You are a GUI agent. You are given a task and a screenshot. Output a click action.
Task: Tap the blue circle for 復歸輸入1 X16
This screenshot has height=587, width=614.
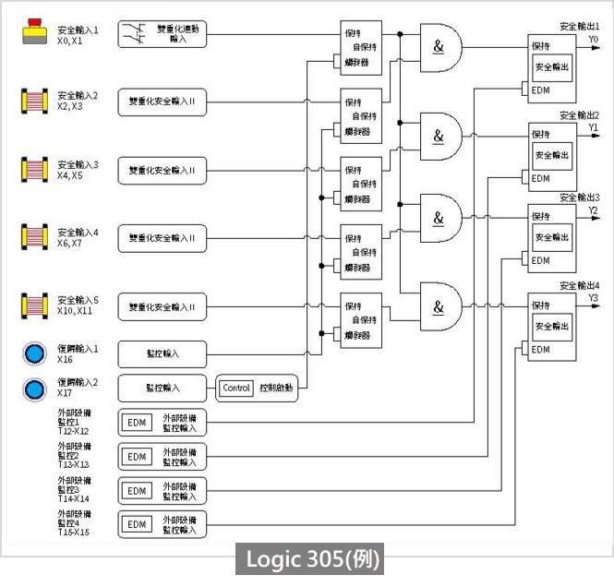[35, 354]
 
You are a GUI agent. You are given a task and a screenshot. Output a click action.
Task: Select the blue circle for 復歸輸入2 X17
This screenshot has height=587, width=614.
[35, 388]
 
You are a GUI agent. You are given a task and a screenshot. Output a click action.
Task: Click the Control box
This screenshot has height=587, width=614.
[236, 389]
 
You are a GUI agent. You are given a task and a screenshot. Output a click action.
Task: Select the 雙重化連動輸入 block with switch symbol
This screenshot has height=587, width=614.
[163, 35]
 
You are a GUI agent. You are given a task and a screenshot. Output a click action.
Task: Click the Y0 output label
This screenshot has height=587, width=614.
[595, 41]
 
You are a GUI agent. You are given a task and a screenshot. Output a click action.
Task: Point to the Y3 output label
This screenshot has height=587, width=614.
[595, 298]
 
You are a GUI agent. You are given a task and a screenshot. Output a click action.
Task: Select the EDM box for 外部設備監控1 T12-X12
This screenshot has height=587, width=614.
[137, 423]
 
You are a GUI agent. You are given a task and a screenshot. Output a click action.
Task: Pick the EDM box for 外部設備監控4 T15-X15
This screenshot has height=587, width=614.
[137, 524]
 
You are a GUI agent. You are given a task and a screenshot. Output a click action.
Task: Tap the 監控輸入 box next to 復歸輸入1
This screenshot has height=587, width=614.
[163, 354]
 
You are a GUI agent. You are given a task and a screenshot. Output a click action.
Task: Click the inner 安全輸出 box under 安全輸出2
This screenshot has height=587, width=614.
[551, 155]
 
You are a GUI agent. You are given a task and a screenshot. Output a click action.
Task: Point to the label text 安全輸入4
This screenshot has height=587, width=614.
[78, 232]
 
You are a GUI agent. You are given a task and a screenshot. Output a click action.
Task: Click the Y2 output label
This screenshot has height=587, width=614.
[595, 211]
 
